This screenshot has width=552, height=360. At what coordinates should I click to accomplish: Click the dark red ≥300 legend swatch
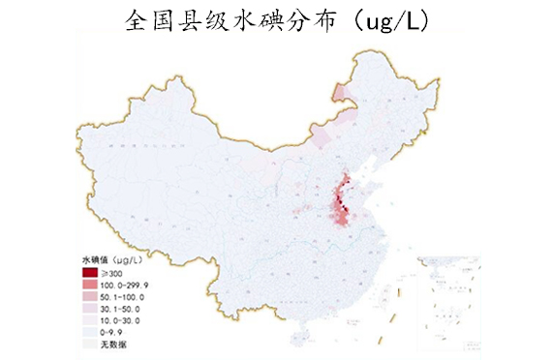91,274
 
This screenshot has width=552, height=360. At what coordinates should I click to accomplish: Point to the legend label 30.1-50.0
120,310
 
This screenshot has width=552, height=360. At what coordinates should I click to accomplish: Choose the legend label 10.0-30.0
120,321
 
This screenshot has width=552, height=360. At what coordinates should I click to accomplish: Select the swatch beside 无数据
91,344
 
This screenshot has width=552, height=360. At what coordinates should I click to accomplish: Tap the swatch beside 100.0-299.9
91,286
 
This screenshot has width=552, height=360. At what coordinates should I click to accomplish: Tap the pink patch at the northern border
339,93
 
